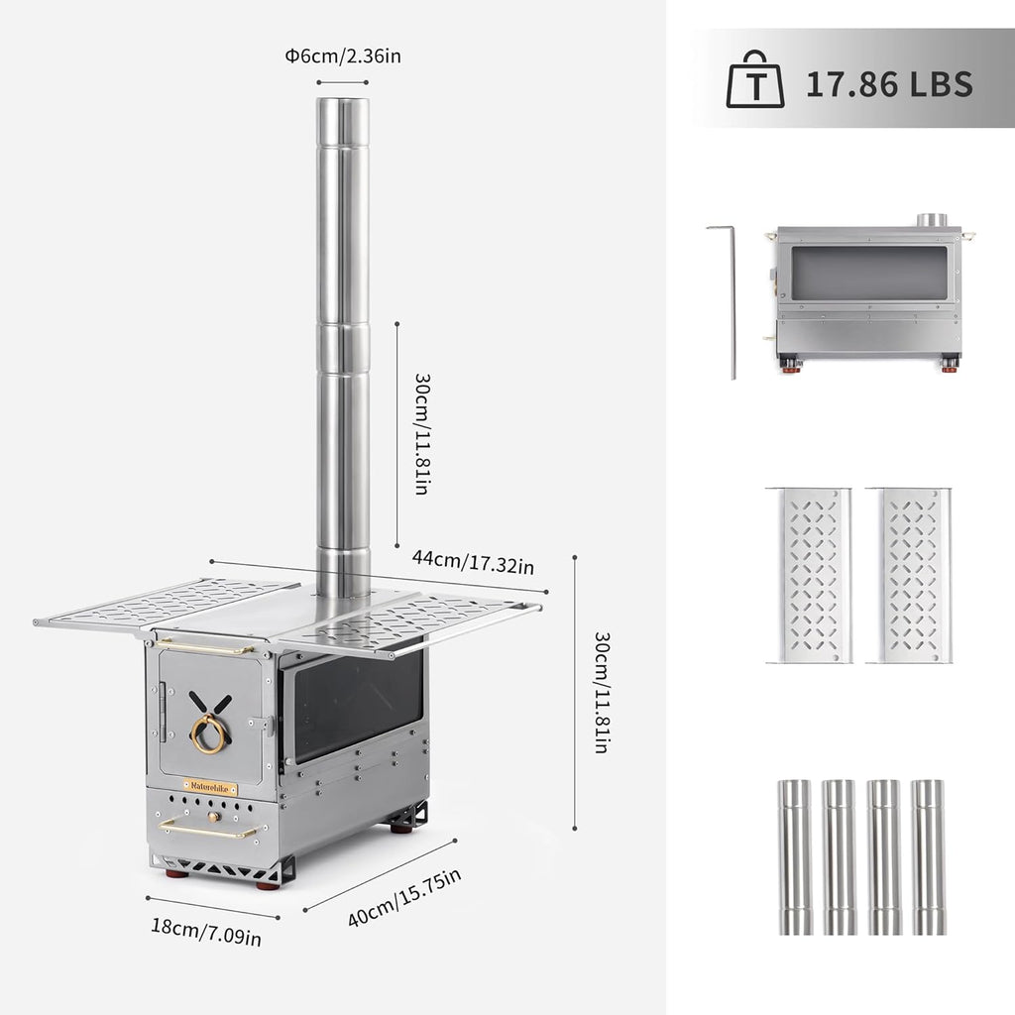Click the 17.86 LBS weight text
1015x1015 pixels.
coord(889,83)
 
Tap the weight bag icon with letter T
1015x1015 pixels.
coord(754,79)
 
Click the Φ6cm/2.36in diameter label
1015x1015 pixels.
coord(343,56)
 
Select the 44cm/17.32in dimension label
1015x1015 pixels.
coord(473,561)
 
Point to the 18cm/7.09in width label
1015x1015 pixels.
coord(206,932)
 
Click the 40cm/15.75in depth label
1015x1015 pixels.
coord(404,897)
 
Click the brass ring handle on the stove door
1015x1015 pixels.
coord(208,734)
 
